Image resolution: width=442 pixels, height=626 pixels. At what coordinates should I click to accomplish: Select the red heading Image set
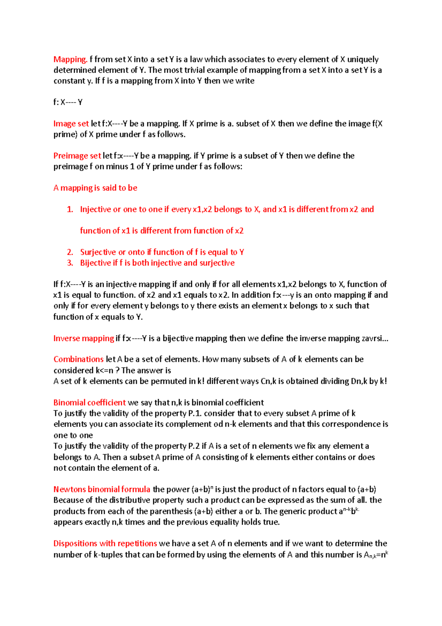click(x=71, y=124)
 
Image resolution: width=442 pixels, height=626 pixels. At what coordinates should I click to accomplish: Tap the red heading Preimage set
click(x=77, y=156)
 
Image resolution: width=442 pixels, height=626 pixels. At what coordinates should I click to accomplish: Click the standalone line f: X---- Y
click(x=68, y=102)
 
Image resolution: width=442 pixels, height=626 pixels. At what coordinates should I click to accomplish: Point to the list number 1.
click(x=70, y=209)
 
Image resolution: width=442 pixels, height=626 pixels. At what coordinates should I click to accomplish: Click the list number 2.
click(x=70, y=252)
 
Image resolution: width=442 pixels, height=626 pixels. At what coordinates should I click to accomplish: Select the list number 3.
click(x=70, y=263)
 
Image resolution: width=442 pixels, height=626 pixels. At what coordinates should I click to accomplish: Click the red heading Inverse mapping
click(x=84, y=338)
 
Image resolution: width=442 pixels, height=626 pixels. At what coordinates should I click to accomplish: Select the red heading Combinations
click(x=78, y=359)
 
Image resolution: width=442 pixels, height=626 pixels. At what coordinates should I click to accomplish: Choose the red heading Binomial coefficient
click(x=90, y=403)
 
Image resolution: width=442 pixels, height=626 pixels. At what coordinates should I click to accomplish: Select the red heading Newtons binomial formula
click(x=102, y=490)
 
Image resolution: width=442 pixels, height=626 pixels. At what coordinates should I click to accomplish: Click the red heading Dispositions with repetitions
click(x=105, y=543)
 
